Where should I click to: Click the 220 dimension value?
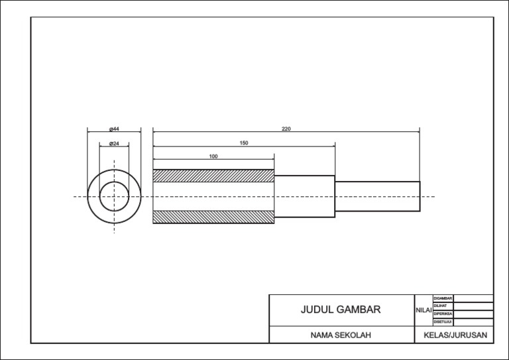point(286,129)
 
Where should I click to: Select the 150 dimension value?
point(244,143)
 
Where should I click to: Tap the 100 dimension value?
point(213,156)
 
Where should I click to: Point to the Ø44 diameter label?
point(114,129)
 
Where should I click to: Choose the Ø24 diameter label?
point(114,143)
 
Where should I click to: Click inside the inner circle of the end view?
point(114,197)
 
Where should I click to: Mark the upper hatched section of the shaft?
point(213,176)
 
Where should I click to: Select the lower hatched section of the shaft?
point(213,217)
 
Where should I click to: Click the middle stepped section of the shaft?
point(304,196)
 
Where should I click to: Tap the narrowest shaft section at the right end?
point(377,196)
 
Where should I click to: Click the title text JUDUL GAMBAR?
point(341,310)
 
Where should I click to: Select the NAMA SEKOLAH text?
point(341,335)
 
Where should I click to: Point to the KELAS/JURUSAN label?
point(455,335)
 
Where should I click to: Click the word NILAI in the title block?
point(424,310)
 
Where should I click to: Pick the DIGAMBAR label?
point(442,298)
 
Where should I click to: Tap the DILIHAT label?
point(441,306)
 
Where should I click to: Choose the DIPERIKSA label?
point(442,314)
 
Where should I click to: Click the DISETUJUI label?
point(442,322)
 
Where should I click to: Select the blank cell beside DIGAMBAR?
point(473,298)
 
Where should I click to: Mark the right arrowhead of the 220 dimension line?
point(418,131)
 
